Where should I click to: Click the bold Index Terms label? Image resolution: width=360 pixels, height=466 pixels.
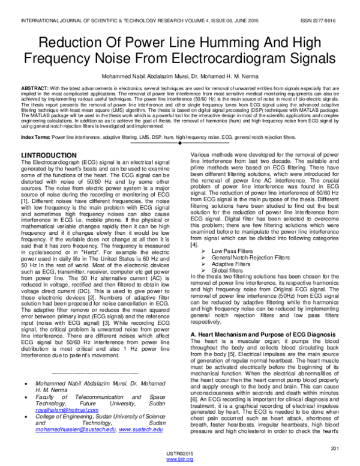pyautogui.click(x=35, y=138)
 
